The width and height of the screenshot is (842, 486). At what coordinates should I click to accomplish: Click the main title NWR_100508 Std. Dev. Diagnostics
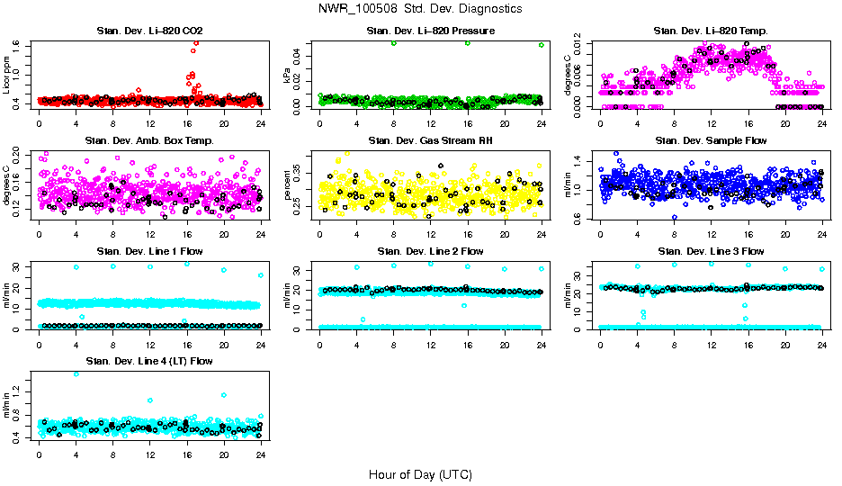420,9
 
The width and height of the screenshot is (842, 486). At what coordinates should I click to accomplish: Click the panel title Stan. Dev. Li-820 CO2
149,31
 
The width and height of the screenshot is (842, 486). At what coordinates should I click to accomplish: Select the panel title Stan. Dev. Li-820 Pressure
431,31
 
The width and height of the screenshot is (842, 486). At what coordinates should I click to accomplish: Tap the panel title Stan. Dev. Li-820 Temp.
712,31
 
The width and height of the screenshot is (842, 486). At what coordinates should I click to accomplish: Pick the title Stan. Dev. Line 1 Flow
149,251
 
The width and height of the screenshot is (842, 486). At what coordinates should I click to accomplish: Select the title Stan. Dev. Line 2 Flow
431,251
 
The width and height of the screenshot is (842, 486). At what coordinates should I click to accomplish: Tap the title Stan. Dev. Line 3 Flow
712,251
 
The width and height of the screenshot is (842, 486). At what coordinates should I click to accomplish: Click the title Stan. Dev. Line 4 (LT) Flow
149,361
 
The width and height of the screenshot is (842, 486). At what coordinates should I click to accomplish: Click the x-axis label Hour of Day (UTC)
420,474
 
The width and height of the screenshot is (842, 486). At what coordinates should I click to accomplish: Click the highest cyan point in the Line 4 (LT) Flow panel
76,373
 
